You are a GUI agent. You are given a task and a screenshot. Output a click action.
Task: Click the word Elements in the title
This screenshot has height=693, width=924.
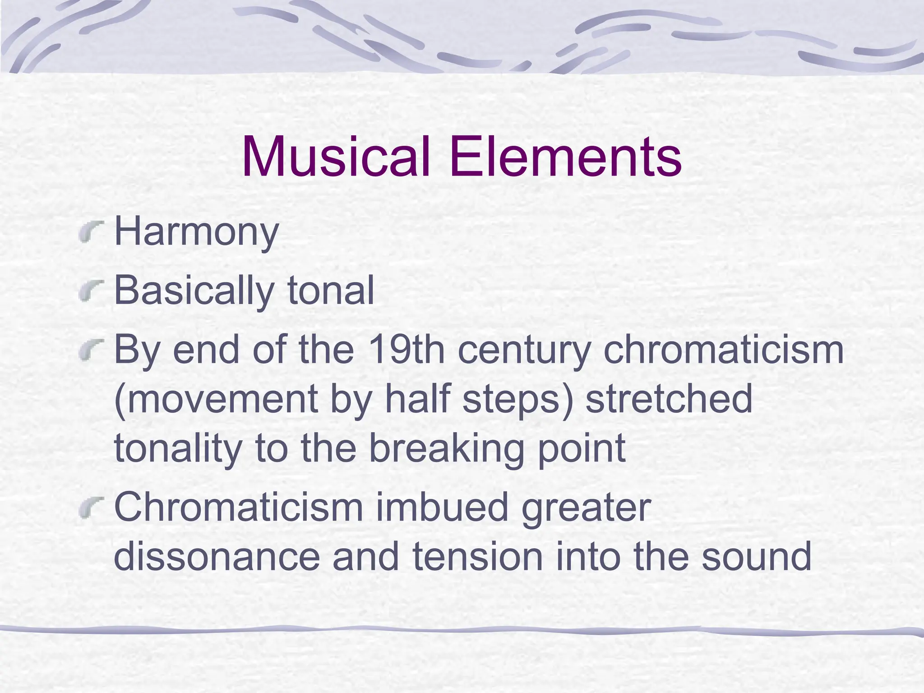tap(565, 157)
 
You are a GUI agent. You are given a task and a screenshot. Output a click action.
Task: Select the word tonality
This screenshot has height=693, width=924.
tap(178, 448)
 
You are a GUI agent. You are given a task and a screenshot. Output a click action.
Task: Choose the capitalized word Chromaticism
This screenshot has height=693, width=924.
tap(239, 507)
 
